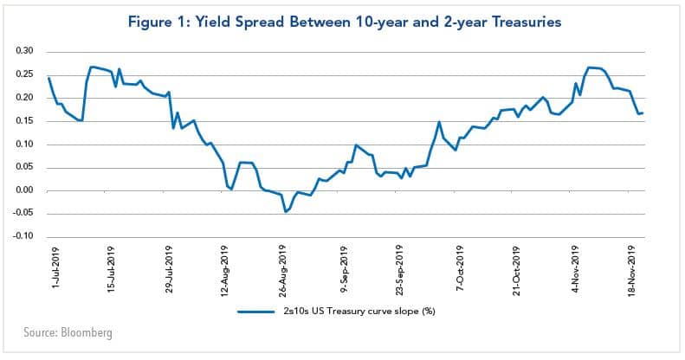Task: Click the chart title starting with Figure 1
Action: [x=343, y=20]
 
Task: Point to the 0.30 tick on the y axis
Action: [x=24, y=51]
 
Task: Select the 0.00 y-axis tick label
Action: [x=24, y=190]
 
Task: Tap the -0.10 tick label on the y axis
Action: [x=23, y=236]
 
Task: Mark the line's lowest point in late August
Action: [x=285, y=211]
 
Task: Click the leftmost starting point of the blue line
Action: [x=48, y=78]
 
